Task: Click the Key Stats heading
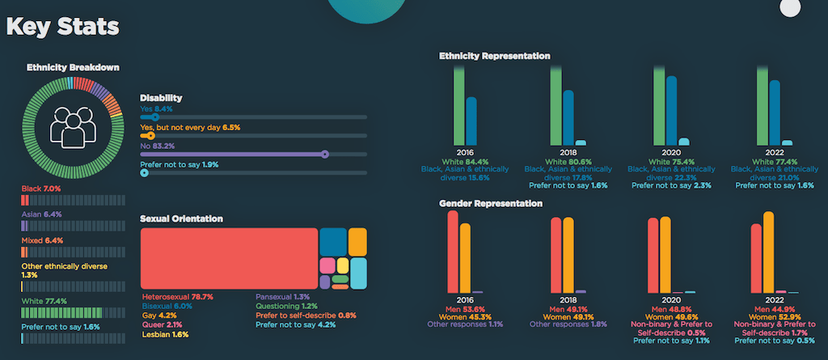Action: pos(63,26)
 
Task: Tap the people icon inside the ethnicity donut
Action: pos(73,124)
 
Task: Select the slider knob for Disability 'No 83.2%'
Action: pos(325,154)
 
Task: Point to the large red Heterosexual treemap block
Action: pos(229,258)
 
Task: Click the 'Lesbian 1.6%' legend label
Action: pos(164,334)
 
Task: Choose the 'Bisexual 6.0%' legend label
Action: pos(167,307)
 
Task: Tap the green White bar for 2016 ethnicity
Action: pos(458,104)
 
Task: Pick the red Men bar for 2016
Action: pos(453,251)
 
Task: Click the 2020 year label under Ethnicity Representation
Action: pos(666,152)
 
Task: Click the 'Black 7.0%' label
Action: pos(41,188)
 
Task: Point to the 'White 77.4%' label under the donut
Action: pos(44,301)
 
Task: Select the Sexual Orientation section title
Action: pos(181,218)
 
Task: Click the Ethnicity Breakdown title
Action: pos(73,67)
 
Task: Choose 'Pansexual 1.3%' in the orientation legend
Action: pos(282,297)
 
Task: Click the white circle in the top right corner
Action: pos(789,8)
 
